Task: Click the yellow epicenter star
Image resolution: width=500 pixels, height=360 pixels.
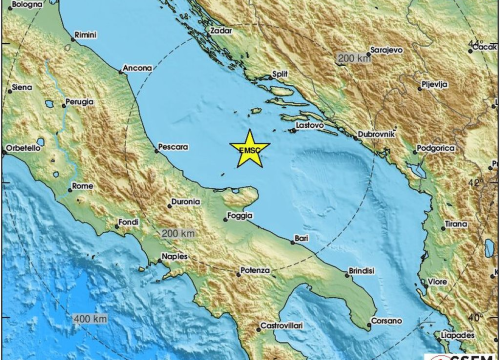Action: pyautogui.click(x=249, y=150)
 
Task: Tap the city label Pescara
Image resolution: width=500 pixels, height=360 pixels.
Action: pyautogui.click(x=173, y=147)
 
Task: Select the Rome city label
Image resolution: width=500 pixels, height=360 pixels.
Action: pyautogui.click(x=83, y=186)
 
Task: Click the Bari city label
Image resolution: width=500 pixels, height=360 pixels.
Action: pyautogui.click(x=301, y=238)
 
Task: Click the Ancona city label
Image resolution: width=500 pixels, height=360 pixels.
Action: pyautogui.click(x=137, y=69)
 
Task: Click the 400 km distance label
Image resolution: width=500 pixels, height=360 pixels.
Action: pyautogui.click(x=90, y=318)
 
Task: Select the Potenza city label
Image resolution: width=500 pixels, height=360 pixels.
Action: pyautogui.click(x=256, y=271)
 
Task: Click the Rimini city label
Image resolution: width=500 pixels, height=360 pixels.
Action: pyautogui.click(x=85, y=35)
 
